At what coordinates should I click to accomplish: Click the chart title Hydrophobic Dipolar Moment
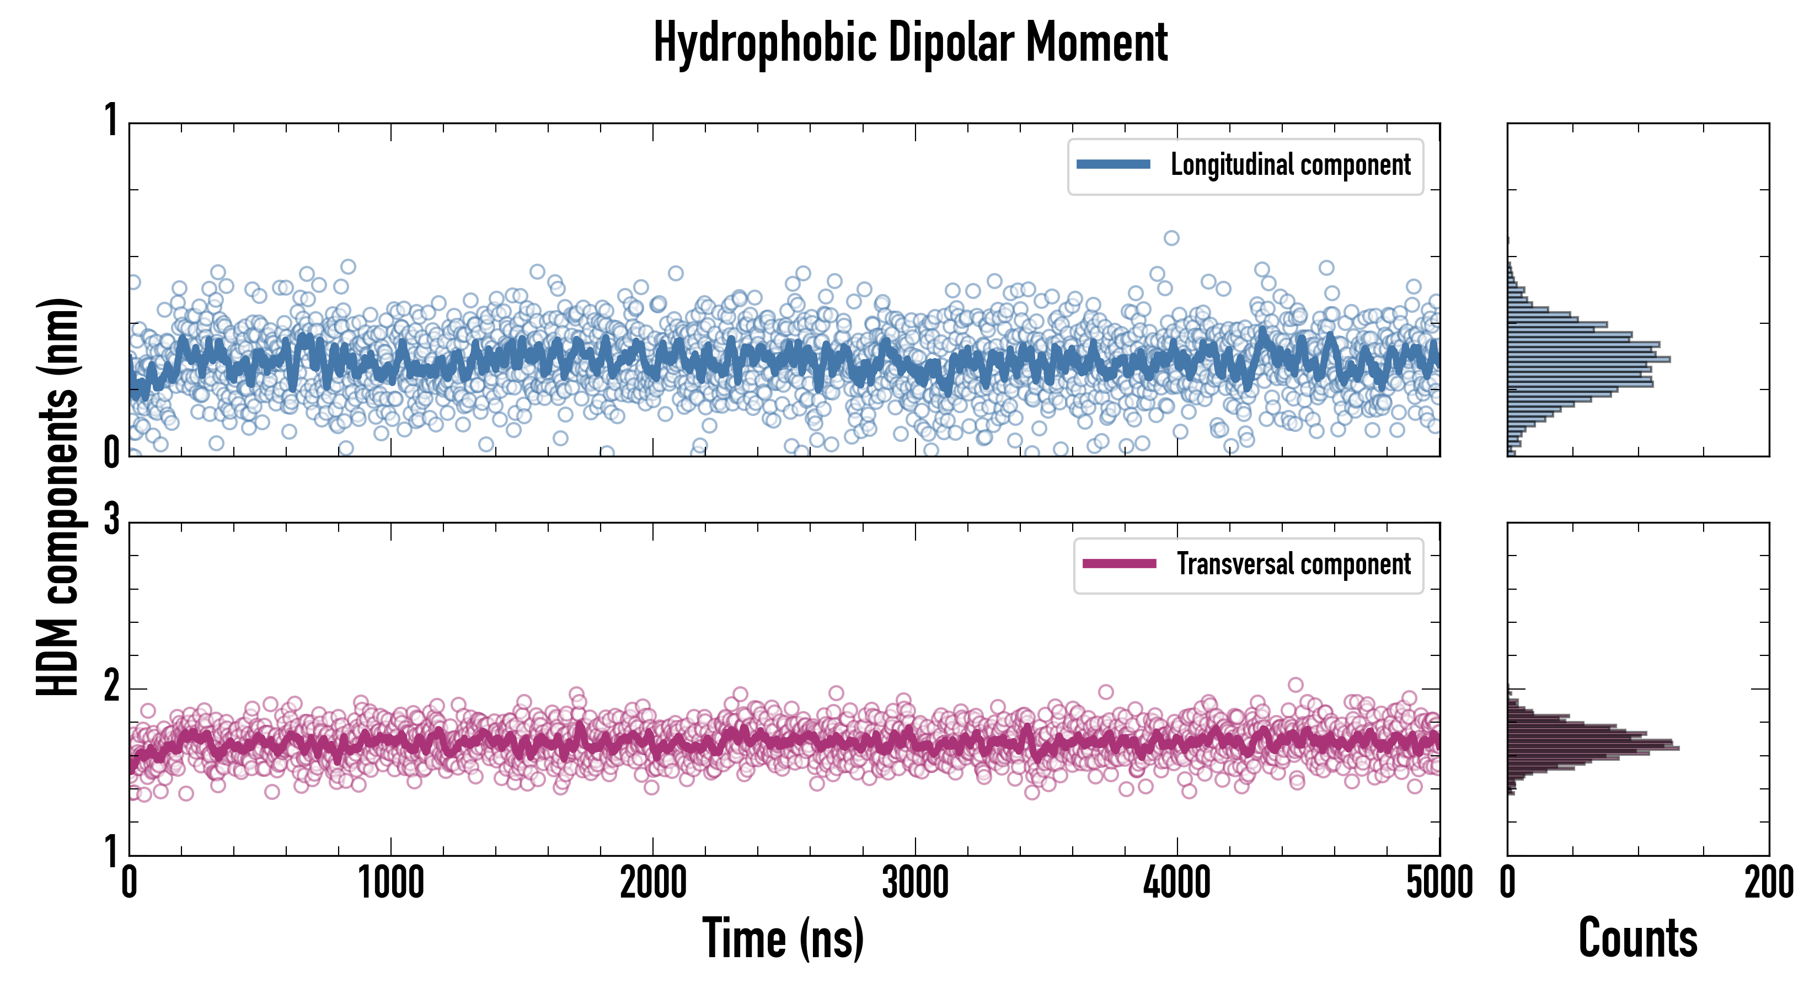click(x=910, y=42)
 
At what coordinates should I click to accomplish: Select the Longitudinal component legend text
click(x=1290, y=165)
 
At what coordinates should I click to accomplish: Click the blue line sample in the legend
click(x=1113, y=165)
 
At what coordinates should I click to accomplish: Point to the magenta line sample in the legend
click(x=1119, y=564)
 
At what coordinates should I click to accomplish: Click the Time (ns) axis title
click(x=783, y=938)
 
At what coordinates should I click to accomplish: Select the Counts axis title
click(x=1637, y=938)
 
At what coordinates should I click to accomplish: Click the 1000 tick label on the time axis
click(x=390, y=883)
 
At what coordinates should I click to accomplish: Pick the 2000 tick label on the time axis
click(x=653, y=883)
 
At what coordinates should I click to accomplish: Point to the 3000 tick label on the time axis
click(x=915, y=883)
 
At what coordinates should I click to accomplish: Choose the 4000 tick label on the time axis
click(x=1177, y=883)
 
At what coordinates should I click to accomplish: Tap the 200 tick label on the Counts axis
click(x=1768, y=883)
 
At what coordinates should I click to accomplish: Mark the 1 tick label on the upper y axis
click(x=111, y=120)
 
